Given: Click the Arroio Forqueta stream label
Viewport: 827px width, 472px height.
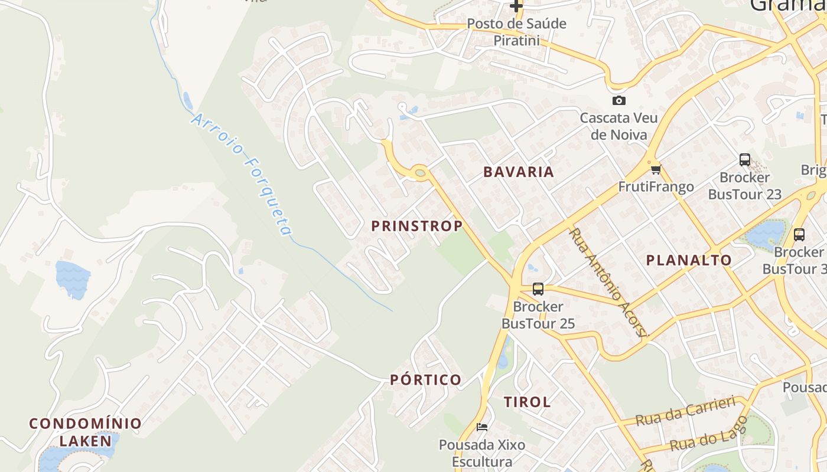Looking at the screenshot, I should [242, 174].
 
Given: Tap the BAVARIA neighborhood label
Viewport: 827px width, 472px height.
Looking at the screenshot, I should [519, 172].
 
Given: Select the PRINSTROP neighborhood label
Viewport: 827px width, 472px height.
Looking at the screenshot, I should [417, 226].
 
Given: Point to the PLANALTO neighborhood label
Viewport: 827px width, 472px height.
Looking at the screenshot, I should [689, 260].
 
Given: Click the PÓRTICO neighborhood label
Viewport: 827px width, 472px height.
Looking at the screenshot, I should [426, 380].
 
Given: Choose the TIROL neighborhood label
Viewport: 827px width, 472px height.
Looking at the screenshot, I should [528, 402].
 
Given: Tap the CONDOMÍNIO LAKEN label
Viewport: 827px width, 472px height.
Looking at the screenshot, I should [86, 432].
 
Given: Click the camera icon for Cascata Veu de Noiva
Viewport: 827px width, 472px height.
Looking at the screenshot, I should [618, 100].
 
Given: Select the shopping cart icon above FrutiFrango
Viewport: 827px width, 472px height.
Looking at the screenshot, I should [655, 170].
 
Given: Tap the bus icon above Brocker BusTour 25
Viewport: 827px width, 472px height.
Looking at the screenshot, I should [538, 289].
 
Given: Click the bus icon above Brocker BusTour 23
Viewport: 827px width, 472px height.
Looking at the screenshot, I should [744, 160].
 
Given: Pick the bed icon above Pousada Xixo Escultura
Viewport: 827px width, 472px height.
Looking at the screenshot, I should [482, 427].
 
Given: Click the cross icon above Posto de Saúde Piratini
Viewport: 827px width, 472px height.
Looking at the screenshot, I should [516, 6].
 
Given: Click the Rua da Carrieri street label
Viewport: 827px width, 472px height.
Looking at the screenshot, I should [685, 411].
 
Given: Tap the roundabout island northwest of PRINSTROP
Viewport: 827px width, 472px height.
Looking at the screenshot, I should [420, 173].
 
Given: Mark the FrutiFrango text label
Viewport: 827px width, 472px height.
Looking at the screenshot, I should [656, 187].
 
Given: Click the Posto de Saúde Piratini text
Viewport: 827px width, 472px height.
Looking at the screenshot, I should [516, 32].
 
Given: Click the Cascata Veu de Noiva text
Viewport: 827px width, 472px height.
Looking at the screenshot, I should [618, 126].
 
